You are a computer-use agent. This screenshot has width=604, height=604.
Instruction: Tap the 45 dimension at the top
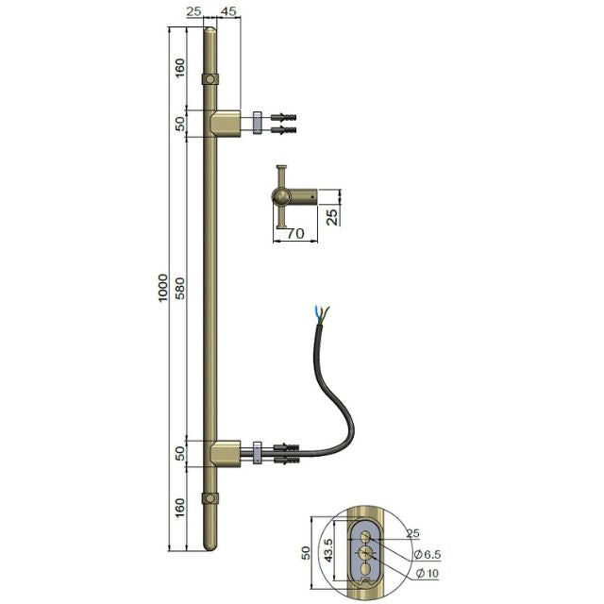[x=227, y=11]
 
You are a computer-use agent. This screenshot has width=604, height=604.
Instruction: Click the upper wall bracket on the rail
[x=224, y=122]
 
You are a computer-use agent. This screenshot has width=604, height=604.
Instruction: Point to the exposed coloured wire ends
[x=320, y=314]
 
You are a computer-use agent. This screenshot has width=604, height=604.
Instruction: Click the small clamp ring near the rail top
[x=210, y=77]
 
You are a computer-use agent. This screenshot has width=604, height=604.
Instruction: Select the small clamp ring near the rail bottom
[x=210, y=497]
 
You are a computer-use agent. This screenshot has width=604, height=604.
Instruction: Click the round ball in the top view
[x=282, y=196]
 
